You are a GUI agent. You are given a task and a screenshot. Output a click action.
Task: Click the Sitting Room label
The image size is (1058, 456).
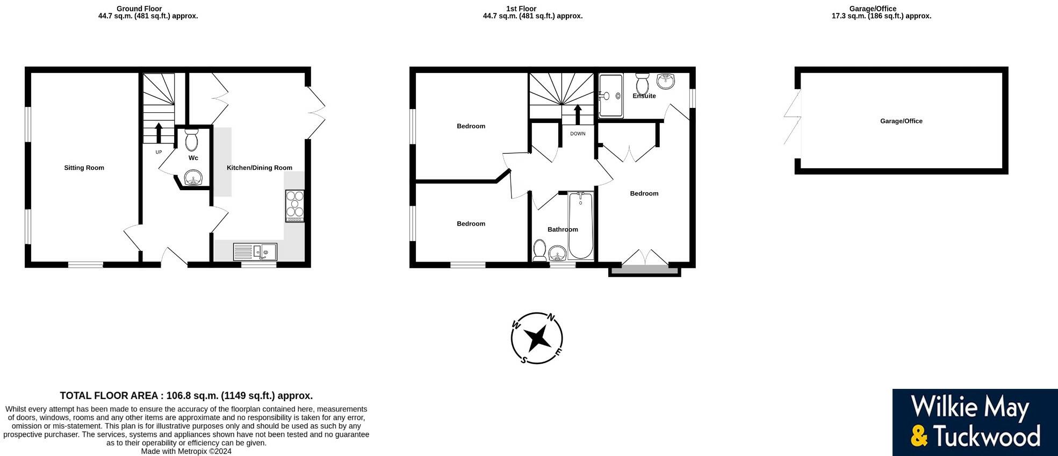[84, 168]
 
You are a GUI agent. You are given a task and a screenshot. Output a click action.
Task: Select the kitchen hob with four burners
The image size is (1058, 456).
[294, 206]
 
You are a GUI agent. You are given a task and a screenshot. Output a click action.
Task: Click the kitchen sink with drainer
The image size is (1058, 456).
[255, 251]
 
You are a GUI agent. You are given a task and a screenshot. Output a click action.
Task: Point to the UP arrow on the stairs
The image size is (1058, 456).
[159, 133]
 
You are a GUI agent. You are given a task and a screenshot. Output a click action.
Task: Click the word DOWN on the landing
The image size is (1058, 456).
[578, 134]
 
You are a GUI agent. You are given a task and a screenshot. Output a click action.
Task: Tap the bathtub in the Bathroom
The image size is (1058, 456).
[580, 226]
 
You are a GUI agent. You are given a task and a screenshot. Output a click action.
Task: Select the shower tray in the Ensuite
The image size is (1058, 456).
[610, 96]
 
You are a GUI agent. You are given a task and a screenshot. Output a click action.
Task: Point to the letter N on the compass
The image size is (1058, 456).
[551, 317]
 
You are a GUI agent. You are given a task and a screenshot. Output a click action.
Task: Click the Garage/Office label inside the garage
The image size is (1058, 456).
[901, 121]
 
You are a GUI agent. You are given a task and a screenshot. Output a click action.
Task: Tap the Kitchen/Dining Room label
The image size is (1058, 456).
[260, 168]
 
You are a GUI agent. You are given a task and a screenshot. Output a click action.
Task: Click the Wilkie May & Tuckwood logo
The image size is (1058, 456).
[975, 422]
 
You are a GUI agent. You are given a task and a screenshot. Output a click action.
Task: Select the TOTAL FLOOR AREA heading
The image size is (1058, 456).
[186, 396]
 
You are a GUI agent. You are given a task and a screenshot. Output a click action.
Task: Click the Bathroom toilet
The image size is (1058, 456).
[539, 251]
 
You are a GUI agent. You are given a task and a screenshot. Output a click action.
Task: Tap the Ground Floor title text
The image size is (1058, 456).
[139, 9]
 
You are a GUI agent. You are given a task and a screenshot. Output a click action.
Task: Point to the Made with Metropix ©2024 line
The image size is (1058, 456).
[186, 451]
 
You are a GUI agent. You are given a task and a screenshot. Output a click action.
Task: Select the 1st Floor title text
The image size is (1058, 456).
[521, 9]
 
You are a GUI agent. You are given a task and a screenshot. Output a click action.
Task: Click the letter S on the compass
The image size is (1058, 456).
[523, 360]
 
